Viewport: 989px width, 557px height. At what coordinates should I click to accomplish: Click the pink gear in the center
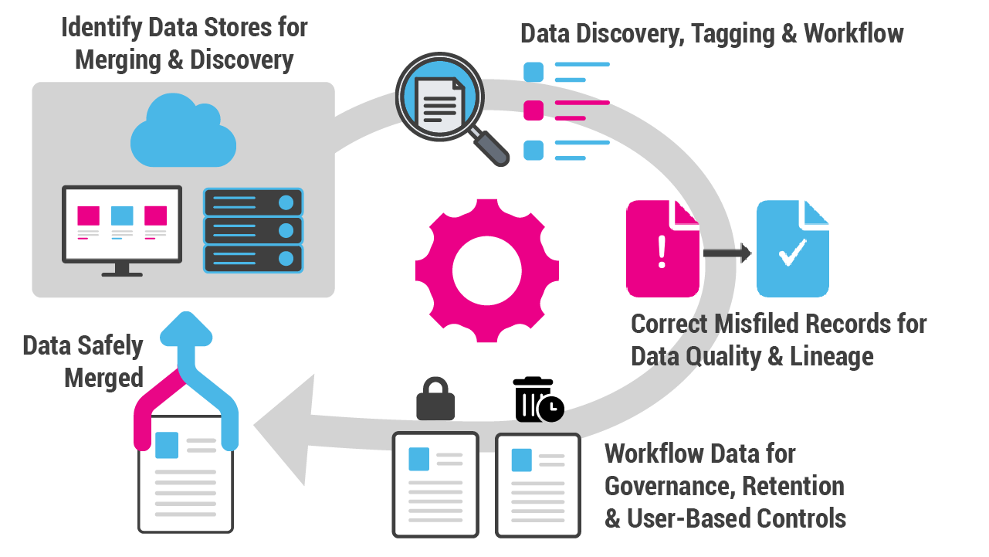pos(486,270)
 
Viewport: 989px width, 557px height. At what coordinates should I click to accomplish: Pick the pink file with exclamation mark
pos(662,249)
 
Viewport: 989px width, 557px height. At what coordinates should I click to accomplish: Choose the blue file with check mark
pos(792,249)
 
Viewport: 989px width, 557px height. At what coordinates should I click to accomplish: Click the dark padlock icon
pos(435,399)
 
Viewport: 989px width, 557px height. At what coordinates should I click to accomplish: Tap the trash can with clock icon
pos(537,399)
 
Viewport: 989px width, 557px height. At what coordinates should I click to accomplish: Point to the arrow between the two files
pos(727,253)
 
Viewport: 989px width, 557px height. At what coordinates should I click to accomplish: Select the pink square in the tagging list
pos(533,110)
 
